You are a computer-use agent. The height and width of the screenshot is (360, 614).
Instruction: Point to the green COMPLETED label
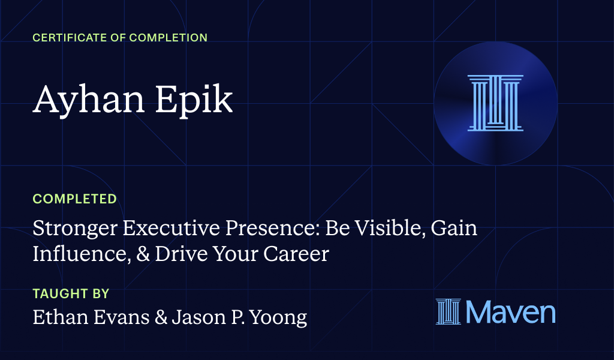point(74,199)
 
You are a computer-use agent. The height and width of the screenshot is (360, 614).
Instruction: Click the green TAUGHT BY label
point(71,293)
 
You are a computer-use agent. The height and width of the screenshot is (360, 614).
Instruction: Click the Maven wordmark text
point(510,313)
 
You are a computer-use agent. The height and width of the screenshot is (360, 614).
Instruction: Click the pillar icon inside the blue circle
point(495,103)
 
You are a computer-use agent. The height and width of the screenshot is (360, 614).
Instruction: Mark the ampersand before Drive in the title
point(141,254)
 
